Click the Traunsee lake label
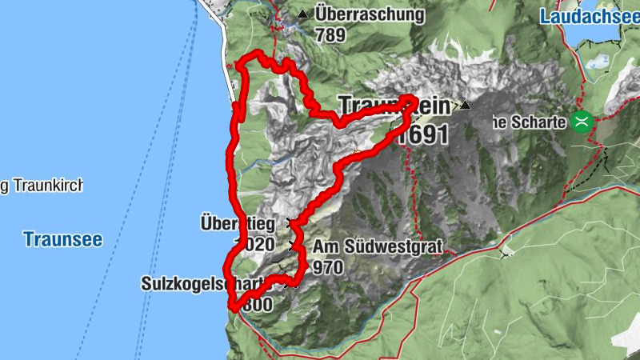click(x=63, y=238)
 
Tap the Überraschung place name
click(x=369, y=14)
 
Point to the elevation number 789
click(x=330, y=34)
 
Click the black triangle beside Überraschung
click(x=302, y=14)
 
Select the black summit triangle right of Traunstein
click(x=466, y=105)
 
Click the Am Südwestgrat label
click(x=378, y=247)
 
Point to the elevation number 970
click(x=329, y=266)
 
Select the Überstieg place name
click(x=238, y=224)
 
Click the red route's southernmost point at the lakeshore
click(x=231, y=307)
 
